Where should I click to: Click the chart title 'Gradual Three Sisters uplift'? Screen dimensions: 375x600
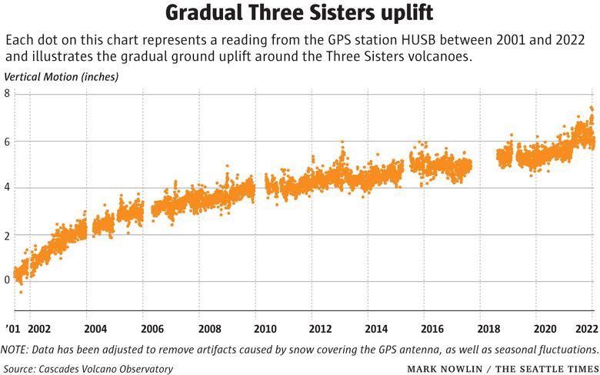click(299, 14)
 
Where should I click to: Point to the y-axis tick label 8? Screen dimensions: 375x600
click(7, 93)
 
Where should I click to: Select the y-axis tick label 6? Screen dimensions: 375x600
click(7, 141)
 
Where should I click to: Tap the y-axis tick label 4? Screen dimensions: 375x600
click(7, 188)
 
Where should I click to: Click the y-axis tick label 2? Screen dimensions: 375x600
click(7, 236)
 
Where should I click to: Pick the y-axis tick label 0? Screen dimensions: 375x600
click(7, 280)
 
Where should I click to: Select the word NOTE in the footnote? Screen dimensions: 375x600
click(17, 350)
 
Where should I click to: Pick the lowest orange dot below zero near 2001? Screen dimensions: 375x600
click(21, 292)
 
